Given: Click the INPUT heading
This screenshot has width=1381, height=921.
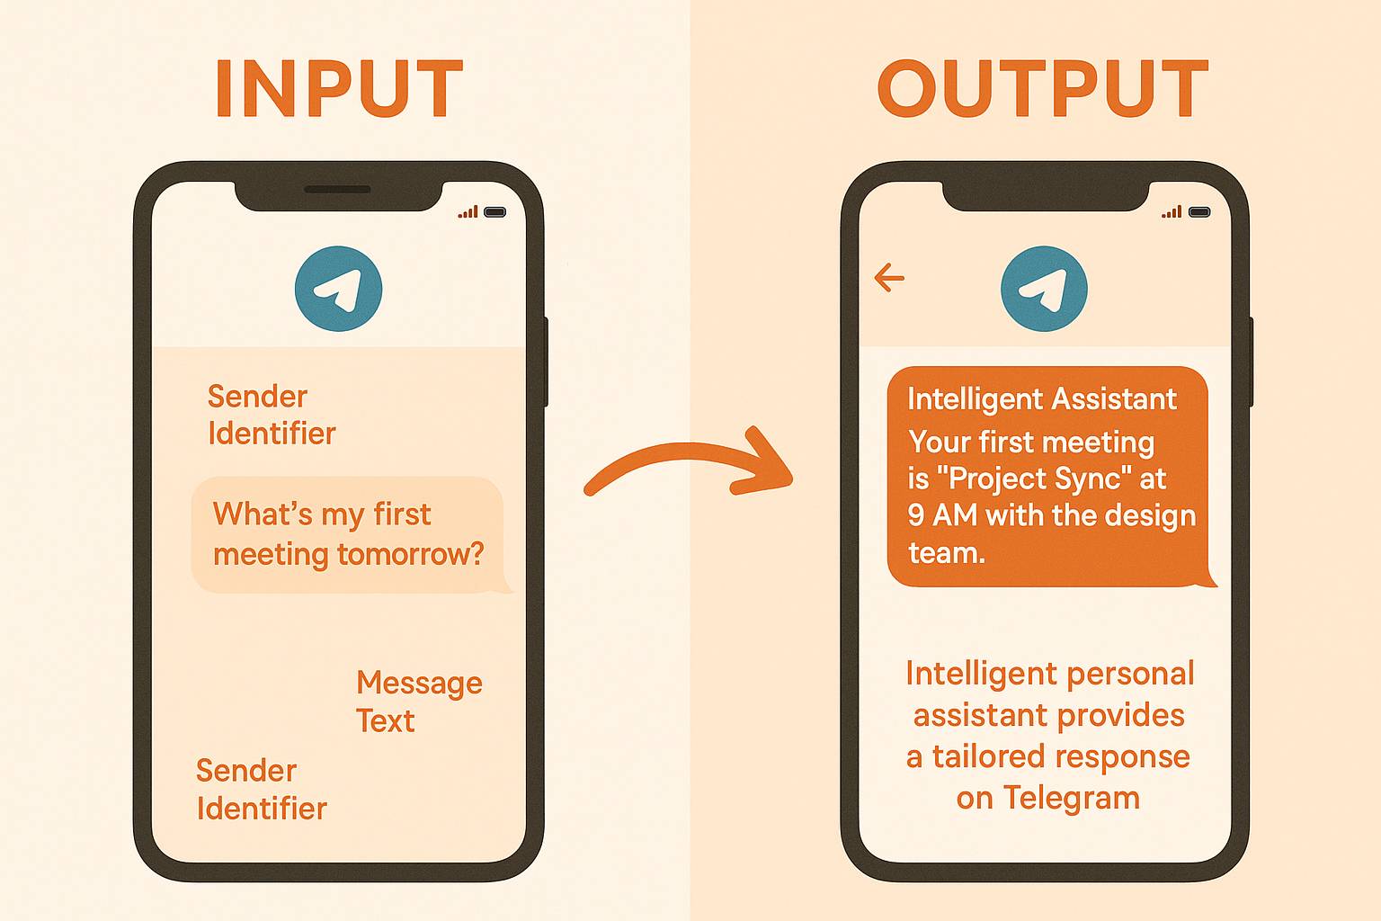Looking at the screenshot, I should tap(339, 89).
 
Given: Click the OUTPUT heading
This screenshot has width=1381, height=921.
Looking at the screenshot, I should tap(1042, 89).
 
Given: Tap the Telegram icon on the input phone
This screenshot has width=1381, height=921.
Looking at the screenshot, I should tap(339, 289).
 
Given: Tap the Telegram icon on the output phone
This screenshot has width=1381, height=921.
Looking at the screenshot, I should tap(1044, 289).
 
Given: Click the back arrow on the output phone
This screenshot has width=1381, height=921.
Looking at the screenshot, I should tap(889, 278).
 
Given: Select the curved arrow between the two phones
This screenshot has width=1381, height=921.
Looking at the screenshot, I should tap(688, 465).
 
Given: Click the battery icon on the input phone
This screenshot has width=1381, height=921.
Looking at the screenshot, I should tap(494, 212).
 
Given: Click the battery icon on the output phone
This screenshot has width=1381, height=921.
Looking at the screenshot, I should tap(1199, 212).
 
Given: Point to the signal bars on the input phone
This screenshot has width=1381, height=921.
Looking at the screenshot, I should tap(468, 212).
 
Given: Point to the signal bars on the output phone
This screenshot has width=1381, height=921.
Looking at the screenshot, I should tap(1172, 212).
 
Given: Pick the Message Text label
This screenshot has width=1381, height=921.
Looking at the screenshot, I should tap(418, 702).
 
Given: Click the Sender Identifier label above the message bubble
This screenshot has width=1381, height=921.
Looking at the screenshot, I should tap(271, 415).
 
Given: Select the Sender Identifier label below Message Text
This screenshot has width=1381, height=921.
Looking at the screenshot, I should tap(261, 790).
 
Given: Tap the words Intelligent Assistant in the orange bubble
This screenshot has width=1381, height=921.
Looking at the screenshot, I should tap(1041, 398).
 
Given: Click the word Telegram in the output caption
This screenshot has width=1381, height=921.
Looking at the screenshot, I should tap(1071, 798).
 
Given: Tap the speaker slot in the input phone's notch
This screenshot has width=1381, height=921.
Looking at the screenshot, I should tap(338, 190).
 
